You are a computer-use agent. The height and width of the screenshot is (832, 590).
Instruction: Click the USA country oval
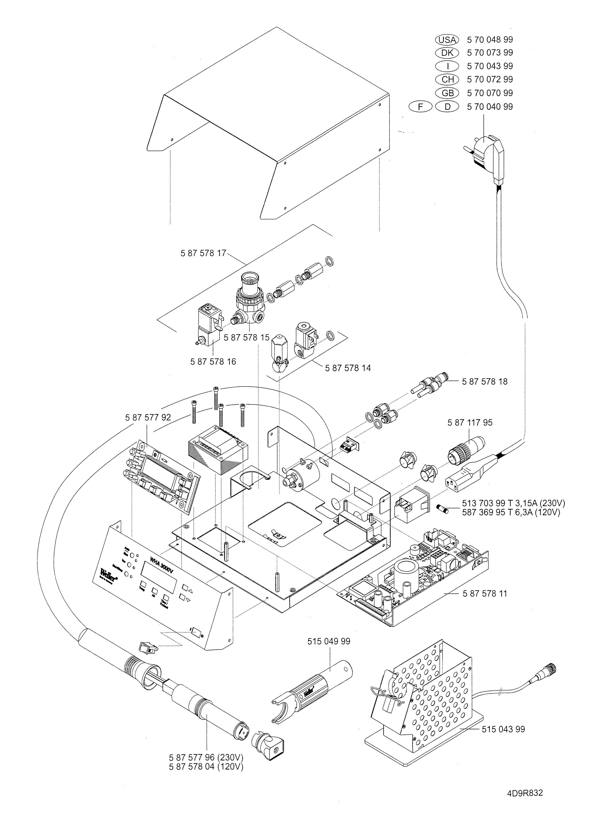click(447, 40)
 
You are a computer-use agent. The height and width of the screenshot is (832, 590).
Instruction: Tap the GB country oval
click(448, 93)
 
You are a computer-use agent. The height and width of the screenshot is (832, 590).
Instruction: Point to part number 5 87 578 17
click(203, 253)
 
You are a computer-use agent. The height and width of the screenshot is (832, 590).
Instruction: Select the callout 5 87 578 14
click(348, 368)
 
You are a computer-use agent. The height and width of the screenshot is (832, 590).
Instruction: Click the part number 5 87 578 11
click(485, 594)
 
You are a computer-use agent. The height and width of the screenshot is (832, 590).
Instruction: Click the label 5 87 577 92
click(148, 417)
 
